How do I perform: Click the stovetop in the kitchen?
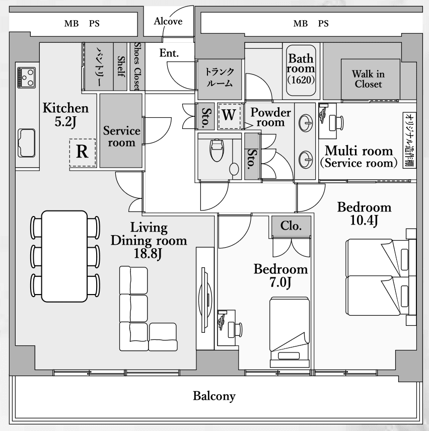(26, 78)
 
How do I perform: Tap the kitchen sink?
(26, 142)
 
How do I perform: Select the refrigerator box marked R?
(83, 153)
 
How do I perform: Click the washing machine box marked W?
(229, 116)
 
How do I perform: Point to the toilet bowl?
(217, 151)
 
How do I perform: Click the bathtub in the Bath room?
(301, 70)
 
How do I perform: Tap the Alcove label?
(168, 21)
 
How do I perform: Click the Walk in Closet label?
(368, 79)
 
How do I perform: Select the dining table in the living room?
(64, 256)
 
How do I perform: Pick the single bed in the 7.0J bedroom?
(290, 332)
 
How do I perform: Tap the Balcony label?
(214, 396)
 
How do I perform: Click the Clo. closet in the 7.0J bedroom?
(292, 226)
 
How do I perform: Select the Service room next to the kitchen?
(121, 130)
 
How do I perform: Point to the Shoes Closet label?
(136, 66)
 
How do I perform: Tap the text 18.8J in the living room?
(148, 254)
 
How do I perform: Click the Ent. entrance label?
(169, 53)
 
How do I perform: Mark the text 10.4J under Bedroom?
(365, 220)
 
